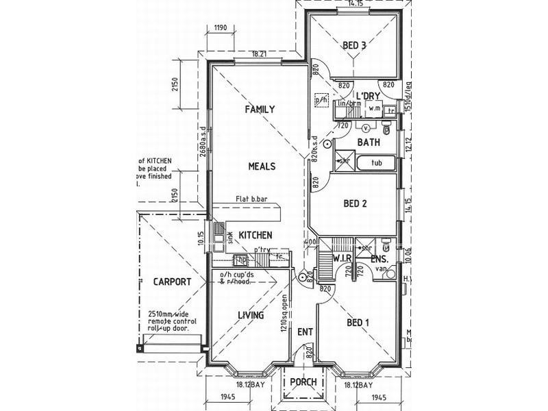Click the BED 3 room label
coord(355,46)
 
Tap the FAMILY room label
coord(260,109)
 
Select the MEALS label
coord(262,166)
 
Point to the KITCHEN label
coord(256,235)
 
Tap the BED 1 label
coord(358,323)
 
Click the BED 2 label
coord(355,203)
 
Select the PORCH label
coord(303,382)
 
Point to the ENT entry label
coord(305,332)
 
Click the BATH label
coord(369,142)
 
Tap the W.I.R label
coord(342,259)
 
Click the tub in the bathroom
coord(376,163)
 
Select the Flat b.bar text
coord(251,200)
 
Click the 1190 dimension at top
coord(220,28)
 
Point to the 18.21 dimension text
coord(259,53)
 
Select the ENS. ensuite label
coord(379,260)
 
